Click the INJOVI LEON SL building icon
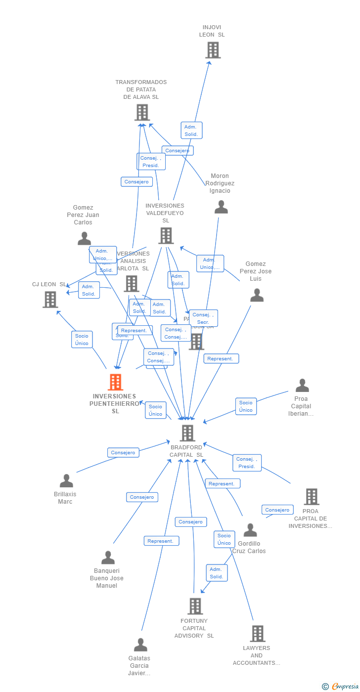click(x=213, y=50)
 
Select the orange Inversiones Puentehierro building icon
click(x=115, y=382)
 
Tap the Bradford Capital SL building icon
click(x=187, y=433)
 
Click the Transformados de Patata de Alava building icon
click(x=142, y=113)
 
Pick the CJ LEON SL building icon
click(x=50, y=300)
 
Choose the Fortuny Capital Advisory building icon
click(x=195, y=606)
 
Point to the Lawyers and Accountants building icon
click(x=257, y=633)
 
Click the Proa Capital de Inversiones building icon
click(x=312, y=496)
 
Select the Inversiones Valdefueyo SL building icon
click(x=166, y=236)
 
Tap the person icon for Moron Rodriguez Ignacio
click(x=221, y=207)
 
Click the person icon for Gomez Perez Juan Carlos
click(x=84, y=239)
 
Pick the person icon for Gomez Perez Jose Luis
click(x=257, y=295)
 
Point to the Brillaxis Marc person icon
click(x=66, y=480)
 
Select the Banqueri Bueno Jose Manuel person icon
click(x=108, y=558)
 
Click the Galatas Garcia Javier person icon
click(x=140, y=645)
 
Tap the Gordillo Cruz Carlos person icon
click(x=250, y=530)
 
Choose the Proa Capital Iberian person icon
click(x=302, y=385)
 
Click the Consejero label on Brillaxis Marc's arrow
click(x=123, y=452)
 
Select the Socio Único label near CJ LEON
click(x=82, y=340)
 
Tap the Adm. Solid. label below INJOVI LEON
click(x=191, y=130)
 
